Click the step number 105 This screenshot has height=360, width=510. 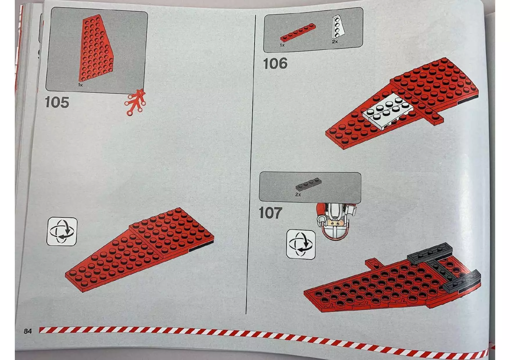pos(57,102)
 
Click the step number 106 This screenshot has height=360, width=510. pos(275,64)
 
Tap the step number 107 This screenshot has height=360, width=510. pos(270,213)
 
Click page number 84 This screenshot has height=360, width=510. pos(28,331)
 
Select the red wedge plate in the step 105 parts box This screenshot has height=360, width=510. pos(96,49)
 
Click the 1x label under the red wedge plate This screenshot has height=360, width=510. pos(80,85)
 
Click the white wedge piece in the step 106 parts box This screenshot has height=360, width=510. pos(337,27)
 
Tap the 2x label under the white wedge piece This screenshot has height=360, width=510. pos(335,42)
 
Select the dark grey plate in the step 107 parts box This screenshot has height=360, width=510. pos(308,184)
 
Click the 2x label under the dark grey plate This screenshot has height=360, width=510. pos(298,195)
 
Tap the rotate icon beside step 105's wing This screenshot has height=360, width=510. pos(62,231)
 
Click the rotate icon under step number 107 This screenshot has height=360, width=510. pos(301,244)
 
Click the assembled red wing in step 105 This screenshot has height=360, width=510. pos(139,250)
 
